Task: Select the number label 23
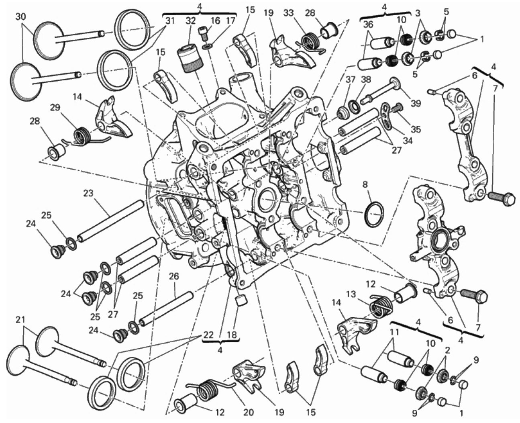pyautogui.click(x=88, y=193)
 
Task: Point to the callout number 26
pyautogui.click(x=173, y=276)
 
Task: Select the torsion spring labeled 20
pyautogui.click(x=206, y=389)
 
